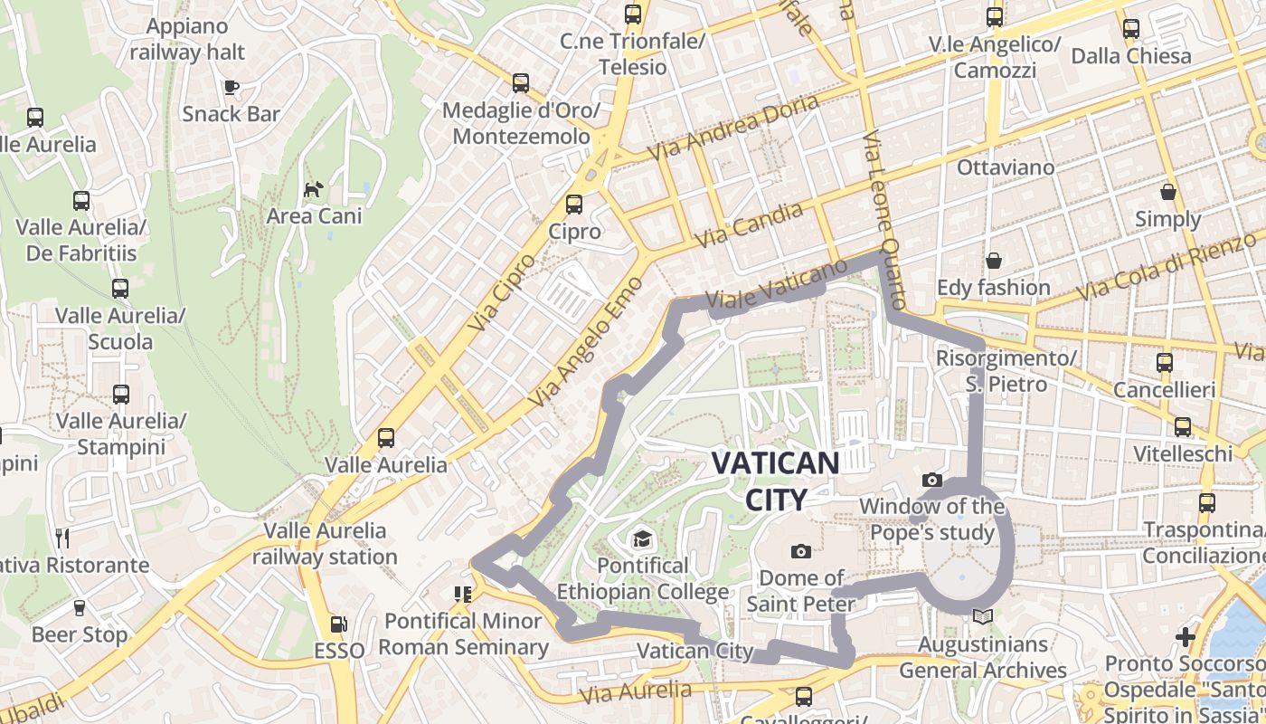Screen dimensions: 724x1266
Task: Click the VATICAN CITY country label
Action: pos(775,481)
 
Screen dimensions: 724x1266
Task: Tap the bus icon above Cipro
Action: pos(574,205)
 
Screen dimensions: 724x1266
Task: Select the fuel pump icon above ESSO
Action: pos(338,624)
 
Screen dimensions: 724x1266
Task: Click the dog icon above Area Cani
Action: pos(314,189)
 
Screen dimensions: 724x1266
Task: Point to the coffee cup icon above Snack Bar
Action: pos(231,87)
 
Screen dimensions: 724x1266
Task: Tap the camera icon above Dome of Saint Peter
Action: pos(800,551)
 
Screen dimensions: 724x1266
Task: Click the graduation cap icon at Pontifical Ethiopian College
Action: pos(642,539)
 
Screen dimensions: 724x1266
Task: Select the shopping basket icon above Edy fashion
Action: pos(994,261)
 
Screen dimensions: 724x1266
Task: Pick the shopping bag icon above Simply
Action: pos(1168,192)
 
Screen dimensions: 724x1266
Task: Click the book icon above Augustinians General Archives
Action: pos(982,616)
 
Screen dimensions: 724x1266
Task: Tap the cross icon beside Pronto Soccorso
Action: pos(1186,637)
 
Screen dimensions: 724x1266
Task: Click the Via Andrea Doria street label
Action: pos(733,126)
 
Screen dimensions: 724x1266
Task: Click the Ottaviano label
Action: pos(1006,167)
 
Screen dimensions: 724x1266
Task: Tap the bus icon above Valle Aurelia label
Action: pos(386,438)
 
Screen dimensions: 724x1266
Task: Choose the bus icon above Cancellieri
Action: pos(1165,363)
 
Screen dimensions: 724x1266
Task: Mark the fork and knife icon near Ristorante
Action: pos(61,538)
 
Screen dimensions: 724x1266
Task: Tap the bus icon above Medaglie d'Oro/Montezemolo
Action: pos(521,83)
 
